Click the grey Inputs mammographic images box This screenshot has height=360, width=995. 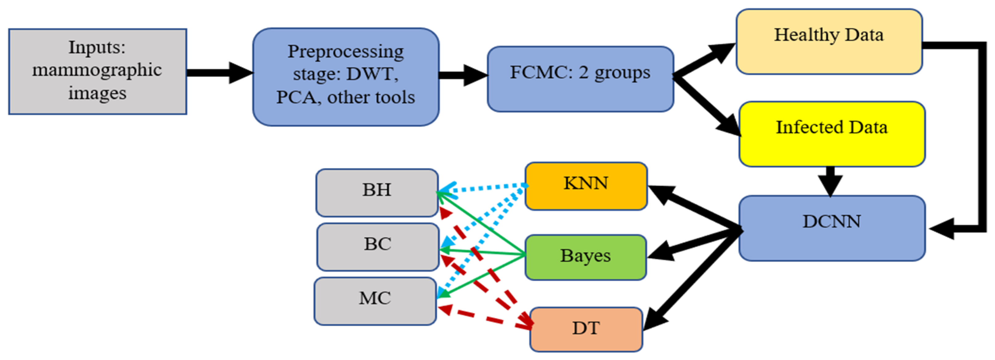coord(97,72)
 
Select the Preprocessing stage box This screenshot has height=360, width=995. coord(346,76)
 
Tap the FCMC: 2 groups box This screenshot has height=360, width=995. coord(580,79)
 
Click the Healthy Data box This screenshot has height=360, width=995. coord(829,42)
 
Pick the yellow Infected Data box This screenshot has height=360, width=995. coord(832,134)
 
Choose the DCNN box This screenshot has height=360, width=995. coord(832,228)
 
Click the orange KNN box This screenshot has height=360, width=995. coord(586,186)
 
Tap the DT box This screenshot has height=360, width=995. coord(586,329)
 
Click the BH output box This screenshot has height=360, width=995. coord(377,192)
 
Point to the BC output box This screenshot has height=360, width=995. coord(377,247)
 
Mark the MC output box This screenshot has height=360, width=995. coord(375,301)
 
